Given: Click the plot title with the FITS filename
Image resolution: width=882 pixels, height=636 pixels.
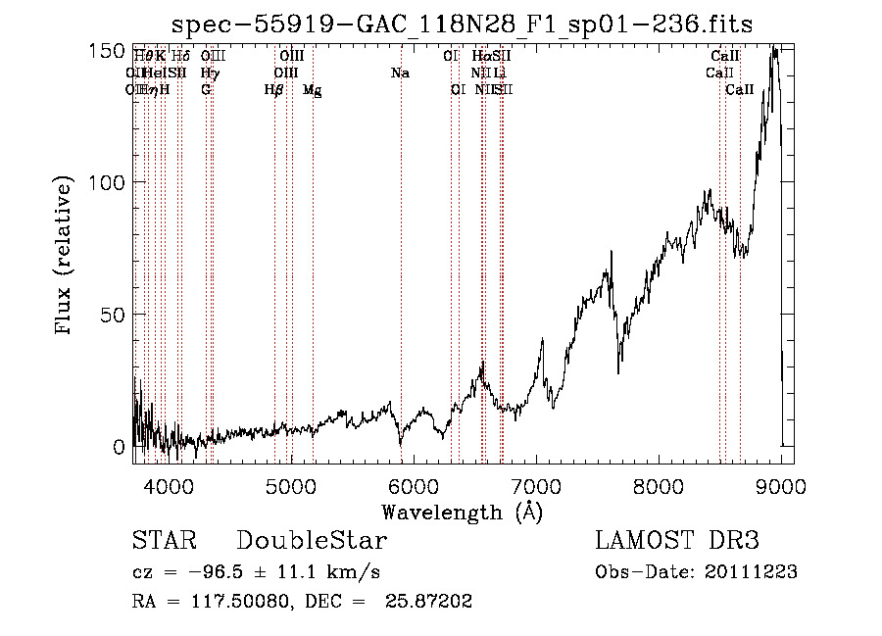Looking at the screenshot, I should [463, 24].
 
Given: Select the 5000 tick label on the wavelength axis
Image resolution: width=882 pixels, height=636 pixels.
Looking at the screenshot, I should [290, 484].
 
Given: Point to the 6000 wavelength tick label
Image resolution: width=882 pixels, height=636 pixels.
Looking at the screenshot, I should [413, 484].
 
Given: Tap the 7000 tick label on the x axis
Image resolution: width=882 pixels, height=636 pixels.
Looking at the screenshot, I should [536, 484].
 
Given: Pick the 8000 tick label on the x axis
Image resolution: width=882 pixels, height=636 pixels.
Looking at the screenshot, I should [659, 484].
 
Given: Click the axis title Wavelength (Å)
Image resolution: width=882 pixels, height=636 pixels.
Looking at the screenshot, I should [462, 512].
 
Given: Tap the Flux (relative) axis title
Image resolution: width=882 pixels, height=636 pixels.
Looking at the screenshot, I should [65, 256].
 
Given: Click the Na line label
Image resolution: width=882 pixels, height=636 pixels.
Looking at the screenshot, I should [400, 73].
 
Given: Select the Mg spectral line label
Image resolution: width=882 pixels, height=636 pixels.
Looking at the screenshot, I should [312, 89].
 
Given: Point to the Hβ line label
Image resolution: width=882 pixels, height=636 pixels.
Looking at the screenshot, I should [273, 89].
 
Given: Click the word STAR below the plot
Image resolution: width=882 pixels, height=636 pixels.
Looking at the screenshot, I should [164, 541].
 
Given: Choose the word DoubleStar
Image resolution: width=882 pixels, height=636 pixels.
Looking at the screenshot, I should [312, 541].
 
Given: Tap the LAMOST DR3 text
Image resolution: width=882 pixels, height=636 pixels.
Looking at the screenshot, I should [676, 541].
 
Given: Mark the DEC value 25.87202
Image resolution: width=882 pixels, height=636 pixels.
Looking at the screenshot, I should [430, 602].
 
